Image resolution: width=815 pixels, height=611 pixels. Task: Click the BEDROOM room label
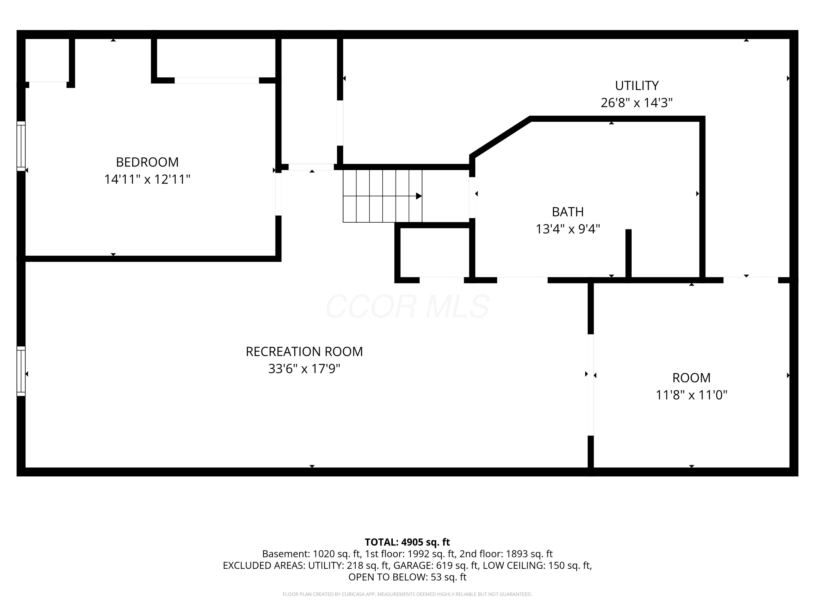(x=147, y=162)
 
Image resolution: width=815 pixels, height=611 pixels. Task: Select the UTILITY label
(x=637, y=86)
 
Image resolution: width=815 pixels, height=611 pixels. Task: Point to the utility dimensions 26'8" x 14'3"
(x=637, y=102)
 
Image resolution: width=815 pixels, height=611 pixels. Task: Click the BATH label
(x=568, y=212)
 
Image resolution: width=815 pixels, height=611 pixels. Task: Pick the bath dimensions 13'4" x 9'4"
(x=568, y=229)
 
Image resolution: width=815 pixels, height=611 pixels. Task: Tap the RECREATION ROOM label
(x=304, y=351)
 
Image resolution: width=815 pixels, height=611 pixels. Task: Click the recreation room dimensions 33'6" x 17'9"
(x=304, y=369)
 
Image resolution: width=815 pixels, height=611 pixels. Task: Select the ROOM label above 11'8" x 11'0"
(x=692, y=378)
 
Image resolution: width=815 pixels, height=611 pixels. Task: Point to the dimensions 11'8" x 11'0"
(x=692, y=395)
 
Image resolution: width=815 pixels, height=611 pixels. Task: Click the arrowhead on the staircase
(x=419, y=196)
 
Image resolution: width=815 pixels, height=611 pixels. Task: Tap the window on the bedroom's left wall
(x=21, y=146)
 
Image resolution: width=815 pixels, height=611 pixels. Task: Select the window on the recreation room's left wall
(x=21, y=371)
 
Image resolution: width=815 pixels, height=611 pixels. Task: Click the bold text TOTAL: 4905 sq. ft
(x=407, y=542)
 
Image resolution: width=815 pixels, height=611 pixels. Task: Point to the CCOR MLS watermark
(x=407, y=306)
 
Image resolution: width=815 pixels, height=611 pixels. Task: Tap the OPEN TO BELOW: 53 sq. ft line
(x=407, y=577)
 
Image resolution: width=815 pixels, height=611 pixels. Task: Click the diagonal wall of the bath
(x=500, y=137)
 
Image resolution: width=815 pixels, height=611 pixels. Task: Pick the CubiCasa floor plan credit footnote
(x=407, y=594)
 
